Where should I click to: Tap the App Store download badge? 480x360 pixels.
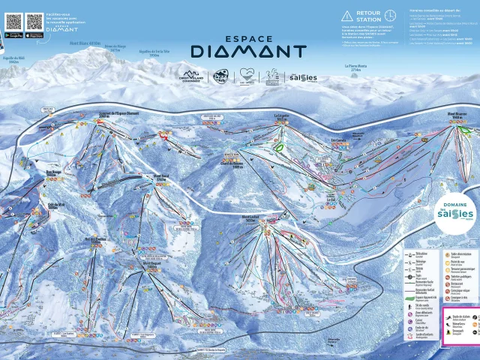click(x=34, y=35)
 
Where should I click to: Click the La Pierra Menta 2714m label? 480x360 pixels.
click(x=356, y=67)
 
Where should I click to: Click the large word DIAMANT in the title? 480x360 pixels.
click(x=248, y=51)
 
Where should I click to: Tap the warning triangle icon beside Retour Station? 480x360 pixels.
click(x=346, y=15)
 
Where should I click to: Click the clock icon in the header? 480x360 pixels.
click(x=390, y=15)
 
